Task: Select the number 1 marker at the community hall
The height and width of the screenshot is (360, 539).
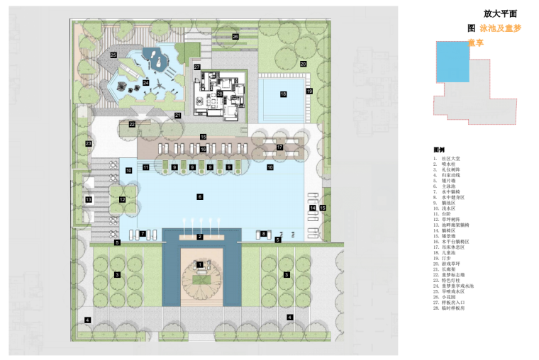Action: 200,264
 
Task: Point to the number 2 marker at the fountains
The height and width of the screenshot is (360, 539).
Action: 200,236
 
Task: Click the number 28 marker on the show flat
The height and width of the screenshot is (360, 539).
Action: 220,94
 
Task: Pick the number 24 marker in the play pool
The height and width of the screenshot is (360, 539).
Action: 146,82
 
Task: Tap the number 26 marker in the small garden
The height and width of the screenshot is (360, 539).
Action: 235,35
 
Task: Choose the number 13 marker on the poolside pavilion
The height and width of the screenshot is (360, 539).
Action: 89,201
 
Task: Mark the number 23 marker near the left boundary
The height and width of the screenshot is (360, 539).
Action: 89,144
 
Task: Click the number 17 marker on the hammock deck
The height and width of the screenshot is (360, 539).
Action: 279,147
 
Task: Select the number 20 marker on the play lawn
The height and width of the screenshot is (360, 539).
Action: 303,64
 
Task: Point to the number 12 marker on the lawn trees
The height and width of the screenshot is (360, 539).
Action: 122,200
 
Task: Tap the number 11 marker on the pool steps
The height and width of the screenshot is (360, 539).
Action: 145,168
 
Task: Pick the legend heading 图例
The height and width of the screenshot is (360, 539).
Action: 439,150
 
